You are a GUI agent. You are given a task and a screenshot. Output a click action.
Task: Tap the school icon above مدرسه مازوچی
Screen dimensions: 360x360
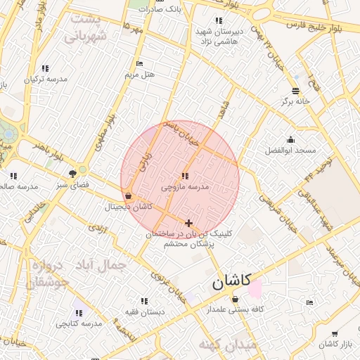click(x=184, y=176)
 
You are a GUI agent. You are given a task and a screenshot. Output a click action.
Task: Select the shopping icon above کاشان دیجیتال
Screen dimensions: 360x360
click(x=127, y=195)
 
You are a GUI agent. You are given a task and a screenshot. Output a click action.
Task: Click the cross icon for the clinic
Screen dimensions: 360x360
click(x=188, y=223)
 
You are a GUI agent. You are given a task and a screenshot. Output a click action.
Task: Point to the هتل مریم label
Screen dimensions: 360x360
click(x=139, y=74)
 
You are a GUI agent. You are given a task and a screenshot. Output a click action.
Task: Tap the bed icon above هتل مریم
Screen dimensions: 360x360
click(x=139, y=64)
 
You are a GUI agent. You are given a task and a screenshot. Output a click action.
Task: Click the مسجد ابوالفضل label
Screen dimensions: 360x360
click(x=290, y=150)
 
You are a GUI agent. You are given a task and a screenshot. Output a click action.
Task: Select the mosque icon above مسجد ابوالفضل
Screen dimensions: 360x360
click(x=290, y=139)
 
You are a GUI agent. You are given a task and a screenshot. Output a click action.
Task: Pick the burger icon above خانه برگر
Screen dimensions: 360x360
click(x=295, y=91)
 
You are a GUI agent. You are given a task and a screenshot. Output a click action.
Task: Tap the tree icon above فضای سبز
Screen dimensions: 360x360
click(x=73, y=173)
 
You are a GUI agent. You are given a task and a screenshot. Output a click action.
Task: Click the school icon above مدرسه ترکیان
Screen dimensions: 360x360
click(x=46, y=68)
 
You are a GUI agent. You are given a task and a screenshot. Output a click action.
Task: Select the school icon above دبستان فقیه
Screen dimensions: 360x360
click(x=145, y=300)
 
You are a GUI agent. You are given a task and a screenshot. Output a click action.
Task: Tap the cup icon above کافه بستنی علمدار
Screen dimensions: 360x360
click(x=234, y=299)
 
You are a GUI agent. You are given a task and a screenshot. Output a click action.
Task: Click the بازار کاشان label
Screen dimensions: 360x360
click(x=334, y=344)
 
